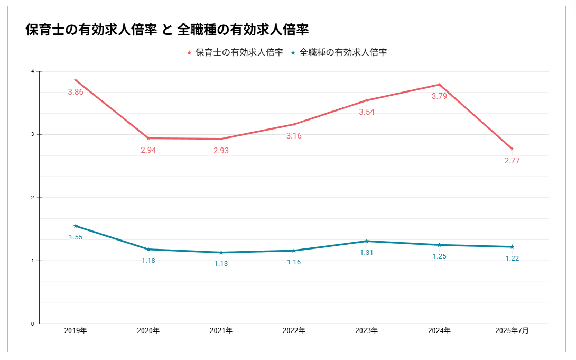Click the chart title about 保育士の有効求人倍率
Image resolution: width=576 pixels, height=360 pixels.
pyautogui.click(x=167, y=30)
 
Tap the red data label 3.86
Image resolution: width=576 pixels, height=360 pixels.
pyautogui.click(x=76, y=92)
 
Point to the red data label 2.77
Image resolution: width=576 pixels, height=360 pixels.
pyautogui.click(x=512, y=161)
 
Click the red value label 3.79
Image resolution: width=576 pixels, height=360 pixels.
pyautogui.click(x=439, y=96)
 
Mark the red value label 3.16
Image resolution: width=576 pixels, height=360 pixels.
pyautogui.click(x=294, y=136)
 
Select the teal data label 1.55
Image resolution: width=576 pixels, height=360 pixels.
pyautogui.click(x=76, y=237)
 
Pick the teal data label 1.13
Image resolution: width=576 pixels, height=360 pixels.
pyautogui.click(x=221, y=263)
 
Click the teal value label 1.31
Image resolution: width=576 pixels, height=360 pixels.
pyautogui.click(x=367, y=252)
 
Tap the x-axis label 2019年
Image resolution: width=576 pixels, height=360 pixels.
pyautogui.click(x=76, y=331)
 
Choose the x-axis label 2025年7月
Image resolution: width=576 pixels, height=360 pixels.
pyautogui.click(x=512, y=331)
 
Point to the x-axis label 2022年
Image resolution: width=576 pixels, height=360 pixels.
pyautogui.click(x=294, y=331)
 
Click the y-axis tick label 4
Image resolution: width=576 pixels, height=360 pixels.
pyautogui.click(x=33, y=71)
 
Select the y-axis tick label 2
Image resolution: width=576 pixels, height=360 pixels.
pyautogui.click(x=33, y=198)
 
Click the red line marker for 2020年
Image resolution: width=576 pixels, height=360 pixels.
pyautogui.click(x=148, y=138)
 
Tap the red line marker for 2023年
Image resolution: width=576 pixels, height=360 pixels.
pyautogui.click(x=367, y=100)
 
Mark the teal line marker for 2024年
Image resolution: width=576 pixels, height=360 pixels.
pyautogui.click(x=439, y=245)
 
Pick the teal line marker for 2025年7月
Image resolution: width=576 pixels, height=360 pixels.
pyautogui.click(x=512, y=247)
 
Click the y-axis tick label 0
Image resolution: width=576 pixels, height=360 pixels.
pyautogui.click(x=33, y=324)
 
